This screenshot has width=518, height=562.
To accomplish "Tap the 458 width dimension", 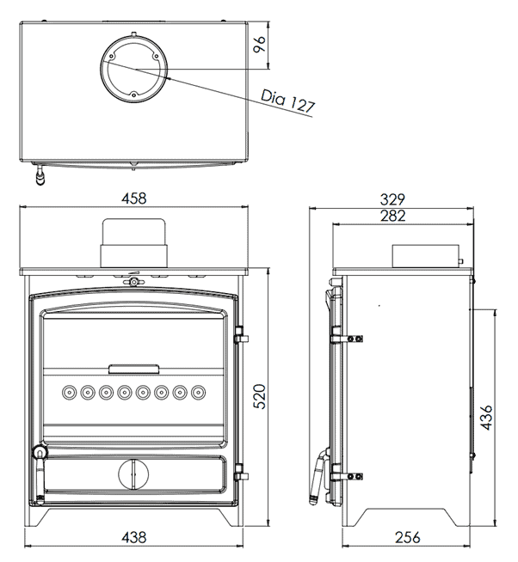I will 133,199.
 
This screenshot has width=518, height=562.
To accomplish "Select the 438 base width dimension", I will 133,537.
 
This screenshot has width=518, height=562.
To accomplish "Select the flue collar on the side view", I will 425,255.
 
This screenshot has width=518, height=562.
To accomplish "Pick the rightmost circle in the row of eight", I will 199,393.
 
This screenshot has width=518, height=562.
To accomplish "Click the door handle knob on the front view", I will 37,453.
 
